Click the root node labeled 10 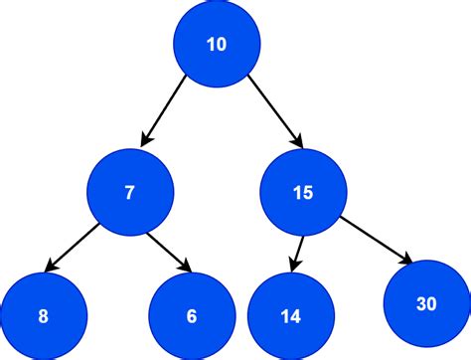coord(216,44)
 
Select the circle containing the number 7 coord(129,193)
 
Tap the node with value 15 coord(303,193)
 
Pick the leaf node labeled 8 coord(43,317)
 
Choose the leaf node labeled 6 coord(191,317)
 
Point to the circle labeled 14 coord(290,317)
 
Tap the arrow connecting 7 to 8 coord(75,247)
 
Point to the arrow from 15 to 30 coord(375,238)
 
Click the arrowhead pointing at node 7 coord(148,138)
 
